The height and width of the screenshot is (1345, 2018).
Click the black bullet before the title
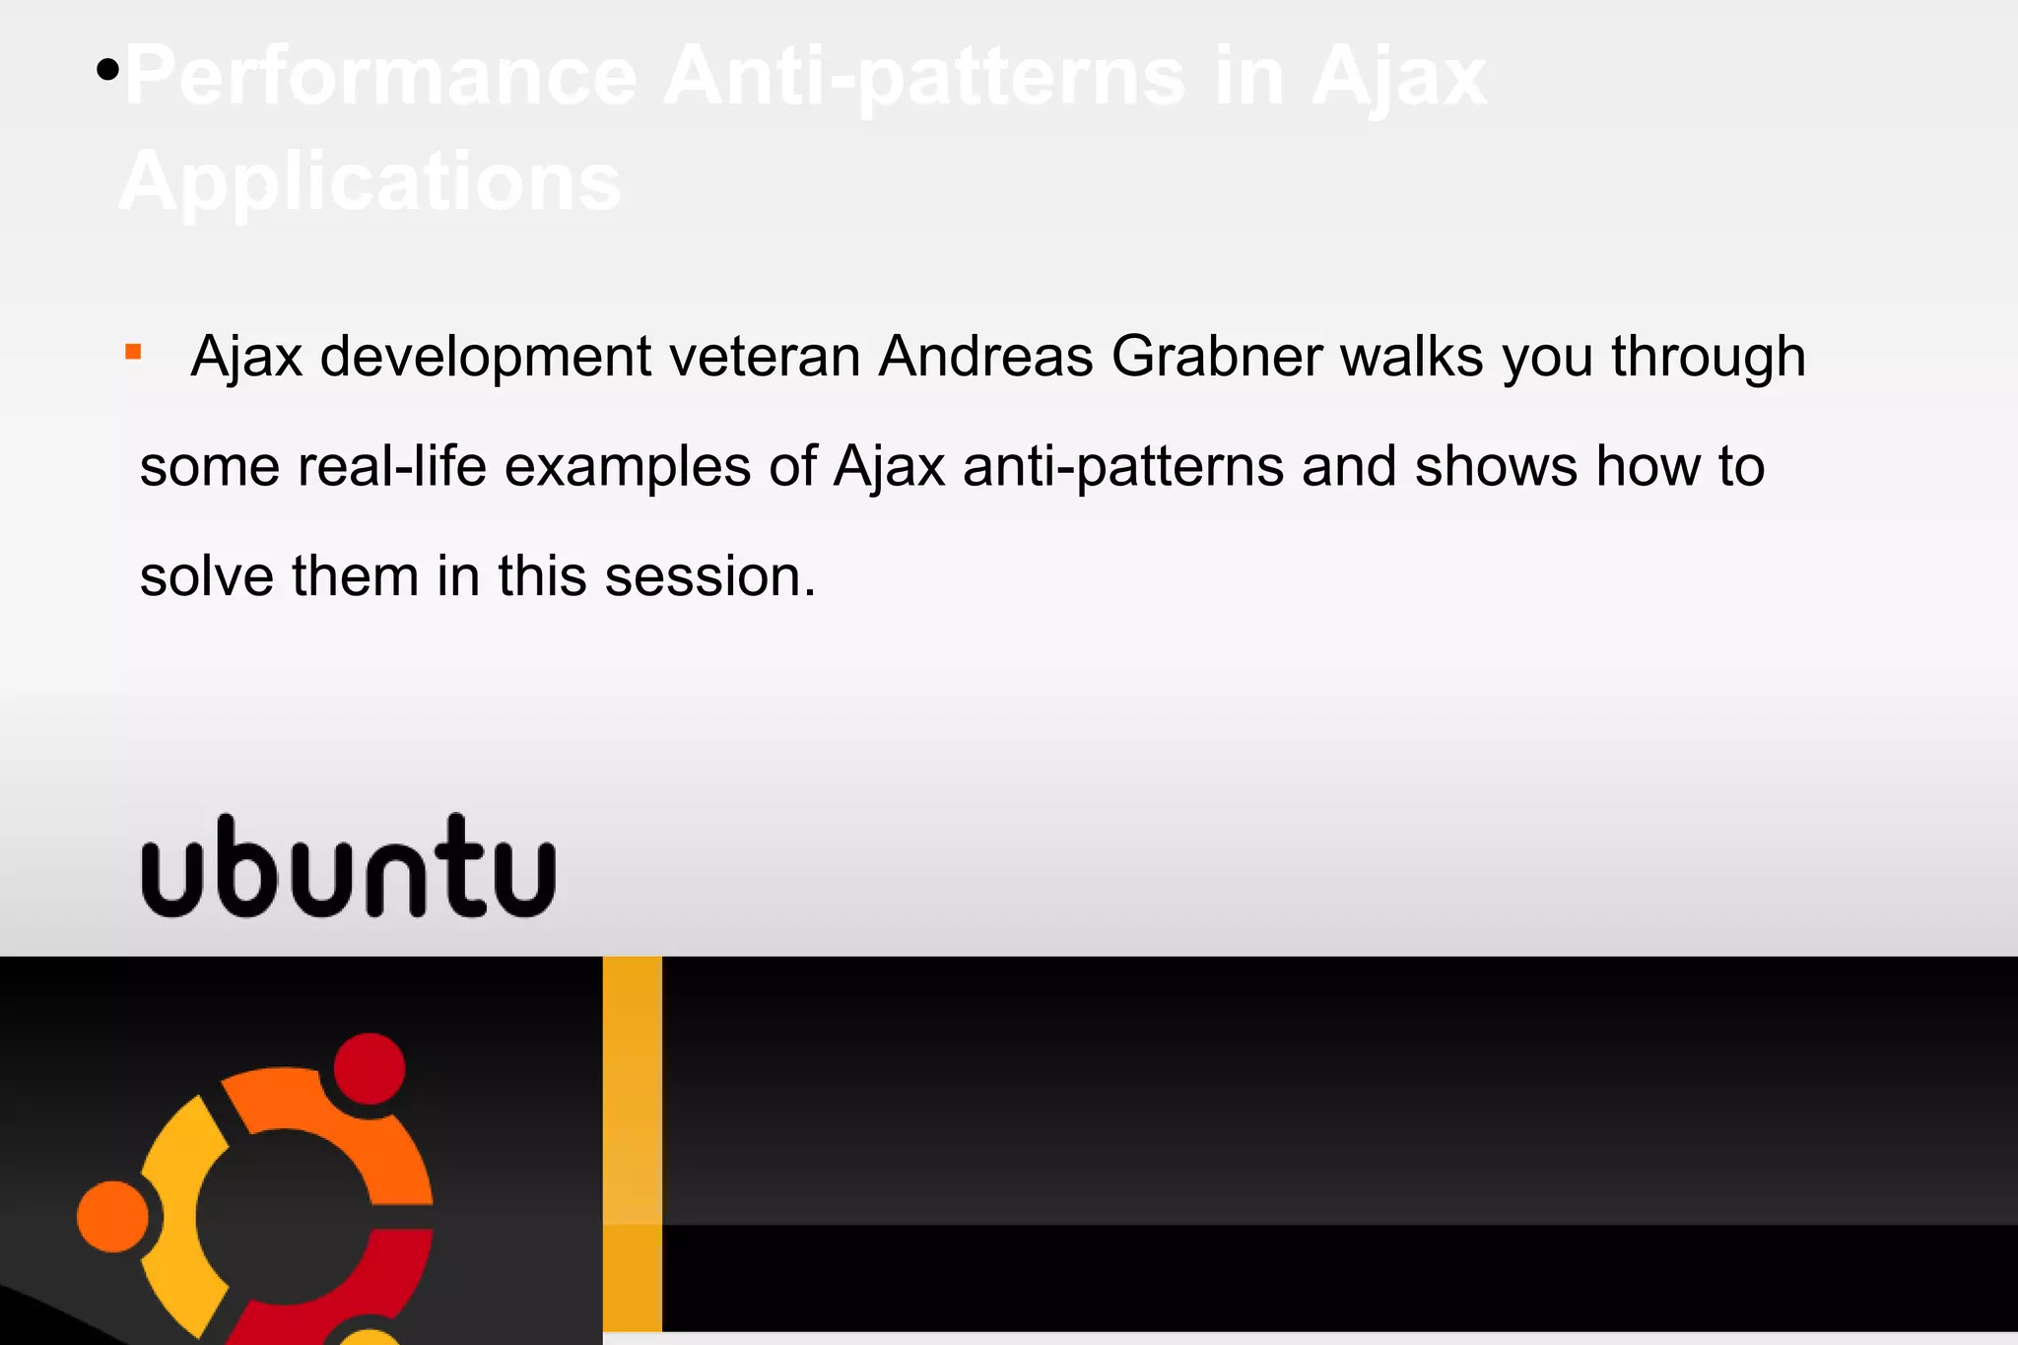point(108,70)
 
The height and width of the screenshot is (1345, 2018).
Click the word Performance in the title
point(380,77)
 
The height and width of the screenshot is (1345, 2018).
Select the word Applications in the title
point(370,182)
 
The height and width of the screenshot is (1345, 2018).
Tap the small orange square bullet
point(134,352)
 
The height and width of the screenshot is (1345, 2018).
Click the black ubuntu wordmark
point(349,867)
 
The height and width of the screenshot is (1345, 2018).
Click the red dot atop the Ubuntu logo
point(370,1069)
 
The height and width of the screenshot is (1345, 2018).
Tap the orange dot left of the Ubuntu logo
point(112,1217)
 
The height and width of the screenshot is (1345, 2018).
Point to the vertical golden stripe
point(632,1143)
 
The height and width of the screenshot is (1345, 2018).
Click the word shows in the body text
point(1496,466)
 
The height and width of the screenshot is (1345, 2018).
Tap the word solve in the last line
point(206,576)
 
